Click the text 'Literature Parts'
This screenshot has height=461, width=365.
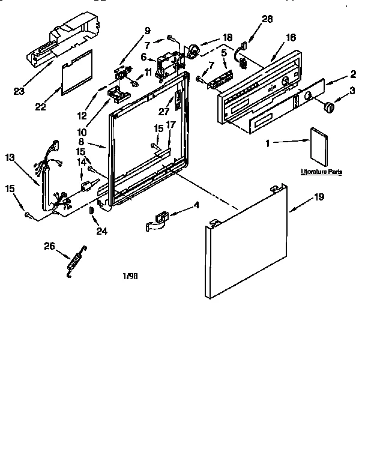(x=322, y=172)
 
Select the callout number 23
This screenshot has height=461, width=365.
(x=19, y=92)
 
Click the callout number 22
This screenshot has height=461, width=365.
(x=41, y=107)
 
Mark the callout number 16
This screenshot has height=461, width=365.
(x=291, y=37)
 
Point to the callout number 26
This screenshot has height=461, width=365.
(x=49, y=246)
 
